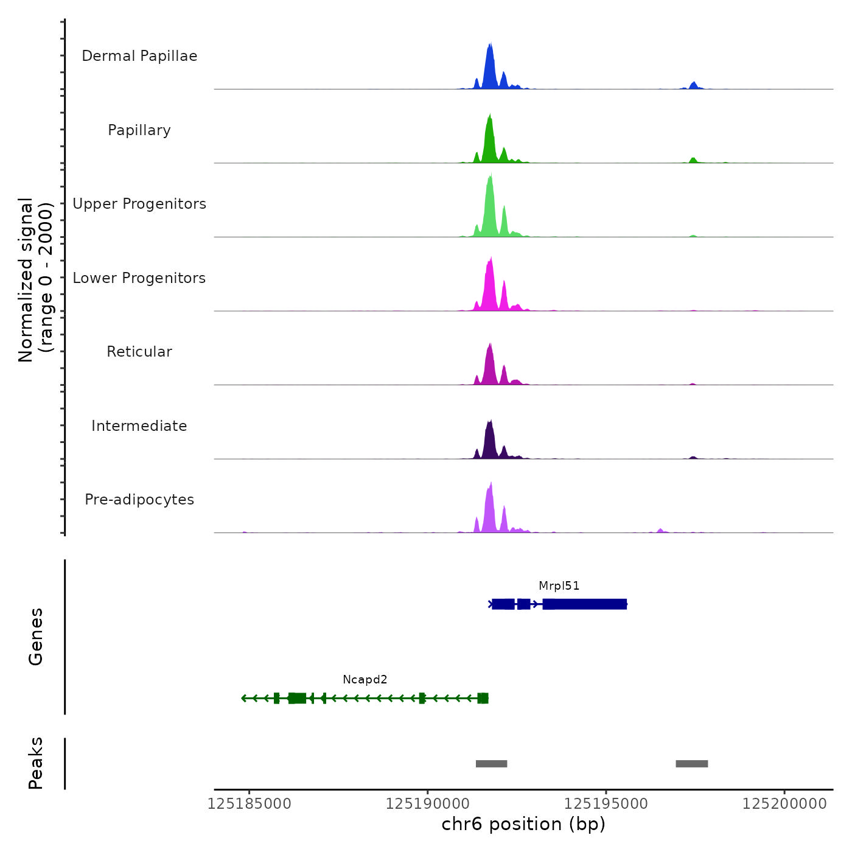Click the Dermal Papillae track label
[x=139, y=56]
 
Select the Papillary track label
[x=139, y=130]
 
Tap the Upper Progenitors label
[x=139, y=204]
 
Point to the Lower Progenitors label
[x=139, y=278]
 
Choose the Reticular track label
[x=139, y=352]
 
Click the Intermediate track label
[x=139, y=426]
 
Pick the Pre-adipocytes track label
[x=139, y=500]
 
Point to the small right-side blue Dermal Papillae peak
[x=693, y=85]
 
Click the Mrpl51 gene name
[x=559, y=586]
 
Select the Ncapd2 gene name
[x=365, y=680]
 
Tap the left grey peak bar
[x=491, y=764]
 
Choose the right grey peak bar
[x=691, y=764]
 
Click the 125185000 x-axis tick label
[x=249, y=804]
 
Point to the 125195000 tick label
[x=606, y=804]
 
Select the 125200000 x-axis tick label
[x=784, y=804]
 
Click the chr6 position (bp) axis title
[x=523, y=824]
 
